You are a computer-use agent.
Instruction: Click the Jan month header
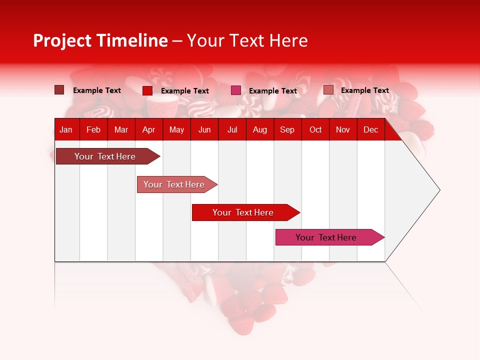(x=66, y=130)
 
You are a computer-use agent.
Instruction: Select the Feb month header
(x=93, y=130)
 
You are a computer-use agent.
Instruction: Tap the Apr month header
(x=148, y=130)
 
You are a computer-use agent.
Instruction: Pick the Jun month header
(x=204, y=130)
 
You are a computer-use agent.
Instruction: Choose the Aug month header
(x=259, y=130)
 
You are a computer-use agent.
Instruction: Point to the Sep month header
(x=287, y=130)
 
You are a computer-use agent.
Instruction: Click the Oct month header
(x=315, y=130)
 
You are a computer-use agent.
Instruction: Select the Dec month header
(x=370, y=130)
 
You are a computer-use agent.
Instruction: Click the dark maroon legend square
(x=59, y=90)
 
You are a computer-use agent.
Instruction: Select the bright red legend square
(x=147, y=90)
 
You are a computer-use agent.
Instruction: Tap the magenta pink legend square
(x=236, y=90)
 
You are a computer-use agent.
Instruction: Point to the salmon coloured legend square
(x=328, y=90)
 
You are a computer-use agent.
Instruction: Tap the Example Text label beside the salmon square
(x=364, y=90)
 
